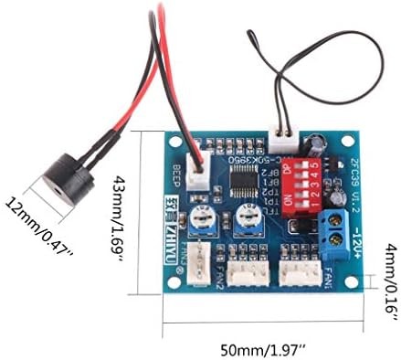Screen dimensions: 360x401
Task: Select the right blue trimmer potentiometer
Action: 245,217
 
